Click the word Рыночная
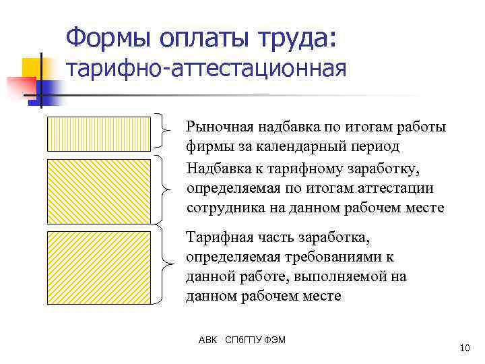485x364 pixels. click(218, 127)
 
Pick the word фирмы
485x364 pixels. click(205, 146)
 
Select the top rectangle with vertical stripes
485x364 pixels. click(99, 133)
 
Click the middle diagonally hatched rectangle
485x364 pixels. click(99, 190)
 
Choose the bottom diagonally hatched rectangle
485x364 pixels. click(99, 266)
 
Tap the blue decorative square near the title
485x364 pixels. click(48, 91)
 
